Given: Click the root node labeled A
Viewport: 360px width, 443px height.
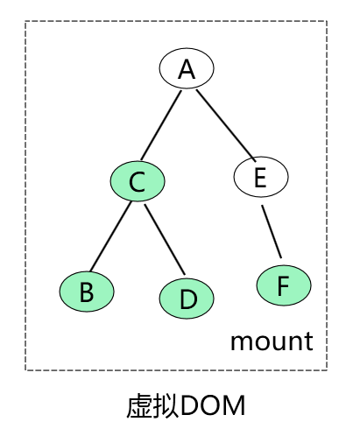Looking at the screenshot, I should (x=186, y=69).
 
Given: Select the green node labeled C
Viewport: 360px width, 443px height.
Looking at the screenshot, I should (x=137, y=181).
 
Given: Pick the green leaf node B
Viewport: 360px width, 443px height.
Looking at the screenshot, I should (x=87, y=291).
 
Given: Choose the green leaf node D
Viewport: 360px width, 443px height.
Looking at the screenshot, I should (x=187, y=299).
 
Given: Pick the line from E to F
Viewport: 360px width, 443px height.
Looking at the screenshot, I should (x=272, y=232).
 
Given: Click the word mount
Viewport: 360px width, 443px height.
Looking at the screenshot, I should (x=272, y=341).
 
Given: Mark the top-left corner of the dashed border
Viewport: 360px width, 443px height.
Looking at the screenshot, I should (x=25, y=23).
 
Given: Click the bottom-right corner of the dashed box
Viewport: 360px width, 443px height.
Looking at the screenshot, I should (x=328, y=369).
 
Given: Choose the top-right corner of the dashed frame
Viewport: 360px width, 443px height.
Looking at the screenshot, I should (x=328, y=23).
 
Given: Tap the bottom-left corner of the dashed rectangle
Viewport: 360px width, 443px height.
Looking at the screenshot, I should (x=25, y=369).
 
